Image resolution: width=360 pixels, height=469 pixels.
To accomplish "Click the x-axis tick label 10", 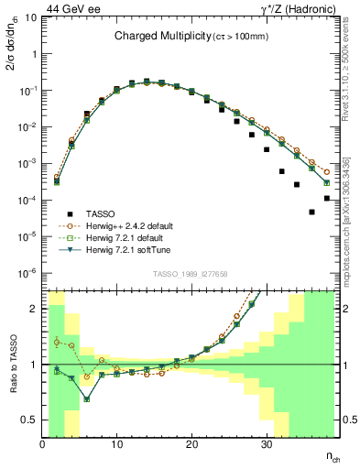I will pos(116,445).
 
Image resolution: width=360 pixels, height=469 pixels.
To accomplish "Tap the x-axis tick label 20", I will pos(191,445).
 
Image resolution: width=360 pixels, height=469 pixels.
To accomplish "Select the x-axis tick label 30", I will pos(266,445).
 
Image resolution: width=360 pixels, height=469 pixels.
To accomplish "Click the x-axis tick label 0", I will pos(42,445).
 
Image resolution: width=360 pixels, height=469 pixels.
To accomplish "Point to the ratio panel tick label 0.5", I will pos(31,420).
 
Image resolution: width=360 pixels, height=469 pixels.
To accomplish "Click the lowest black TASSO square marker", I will pos(312,212).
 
